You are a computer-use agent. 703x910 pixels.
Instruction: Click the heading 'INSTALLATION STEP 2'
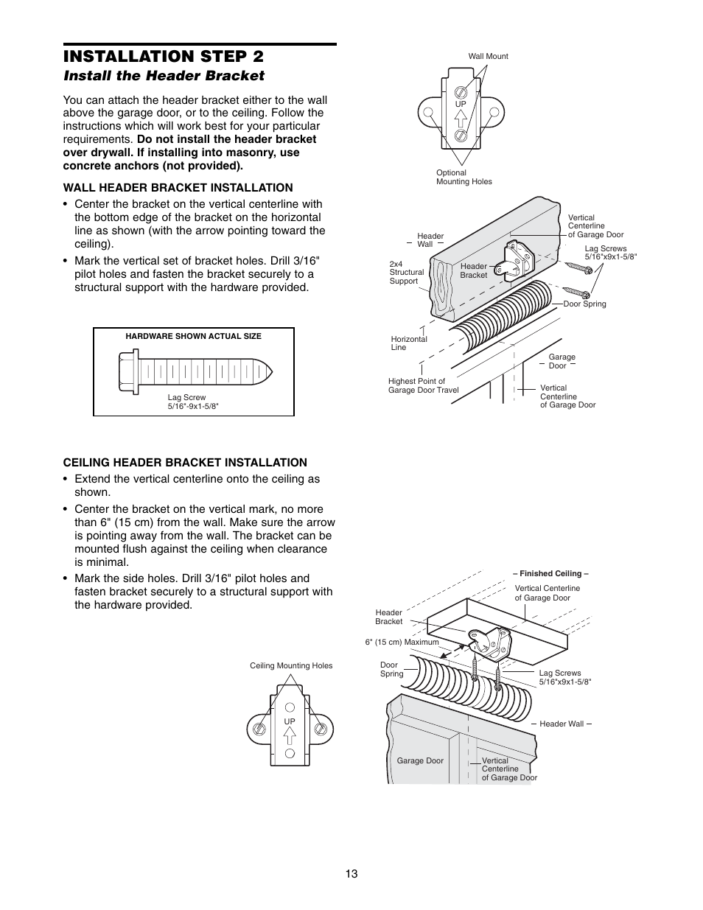pyautogui.click(x=163, y=57)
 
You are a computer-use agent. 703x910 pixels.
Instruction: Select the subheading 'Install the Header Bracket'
pyautogui.click(x=164, y=75)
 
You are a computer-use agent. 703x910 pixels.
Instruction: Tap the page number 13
pyautogui.click(x=351, y=873)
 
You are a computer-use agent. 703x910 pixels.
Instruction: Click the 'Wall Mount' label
pyautogui.click(x=488, y=56)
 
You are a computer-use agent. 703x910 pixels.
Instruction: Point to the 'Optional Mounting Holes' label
pyautogui.click(x=464, y=177)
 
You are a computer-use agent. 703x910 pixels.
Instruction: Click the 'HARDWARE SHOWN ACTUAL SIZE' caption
pyautogui.click(x=193, y=336)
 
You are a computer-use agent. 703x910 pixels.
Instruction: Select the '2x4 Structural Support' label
pyautogui.click(x=406, y=272)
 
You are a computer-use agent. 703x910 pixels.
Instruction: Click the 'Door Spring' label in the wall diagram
pyautogui.click(x=584, y=304)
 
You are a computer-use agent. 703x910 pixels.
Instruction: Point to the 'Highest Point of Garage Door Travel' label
pyautogui.click(x=423, y=385)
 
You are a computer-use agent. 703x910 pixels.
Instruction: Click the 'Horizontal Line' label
pyautogui.click(x=408, y=343)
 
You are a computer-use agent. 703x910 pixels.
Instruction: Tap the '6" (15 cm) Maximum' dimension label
pyautogui.click(x=402, y=642)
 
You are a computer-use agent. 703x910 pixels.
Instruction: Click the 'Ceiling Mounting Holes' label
pyautogui.click(x=291, y=665)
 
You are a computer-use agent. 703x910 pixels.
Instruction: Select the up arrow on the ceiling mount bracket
pyautogui.click(x=290, y=734)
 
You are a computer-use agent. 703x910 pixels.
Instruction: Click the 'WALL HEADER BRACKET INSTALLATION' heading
pyautogui.click(x=178, y=188)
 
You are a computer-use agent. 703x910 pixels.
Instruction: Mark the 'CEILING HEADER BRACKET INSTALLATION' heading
pyautogui.click(x=185, y=463)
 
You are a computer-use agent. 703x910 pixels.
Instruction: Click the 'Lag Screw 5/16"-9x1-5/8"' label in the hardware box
pyautogui.click(x=193, y=402)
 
